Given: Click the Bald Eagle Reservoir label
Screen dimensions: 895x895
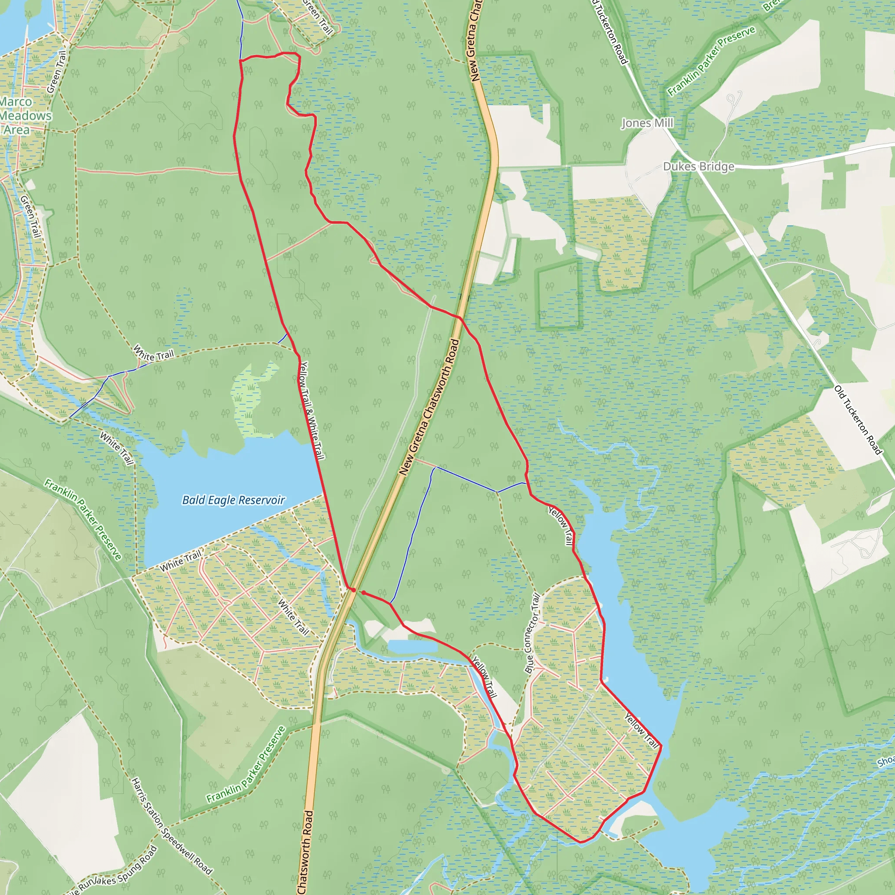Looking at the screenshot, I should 233,500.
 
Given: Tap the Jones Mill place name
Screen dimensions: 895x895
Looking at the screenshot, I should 647,123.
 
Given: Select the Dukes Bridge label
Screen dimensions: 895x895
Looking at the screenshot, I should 699,167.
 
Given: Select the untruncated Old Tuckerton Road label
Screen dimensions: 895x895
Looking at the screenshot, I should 858,420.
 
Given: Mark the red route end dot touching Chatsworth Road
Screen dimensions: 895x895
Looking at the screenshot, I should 353,590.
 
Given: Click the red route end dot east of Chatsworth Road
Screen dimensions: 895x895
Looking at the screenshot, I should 364,593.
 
